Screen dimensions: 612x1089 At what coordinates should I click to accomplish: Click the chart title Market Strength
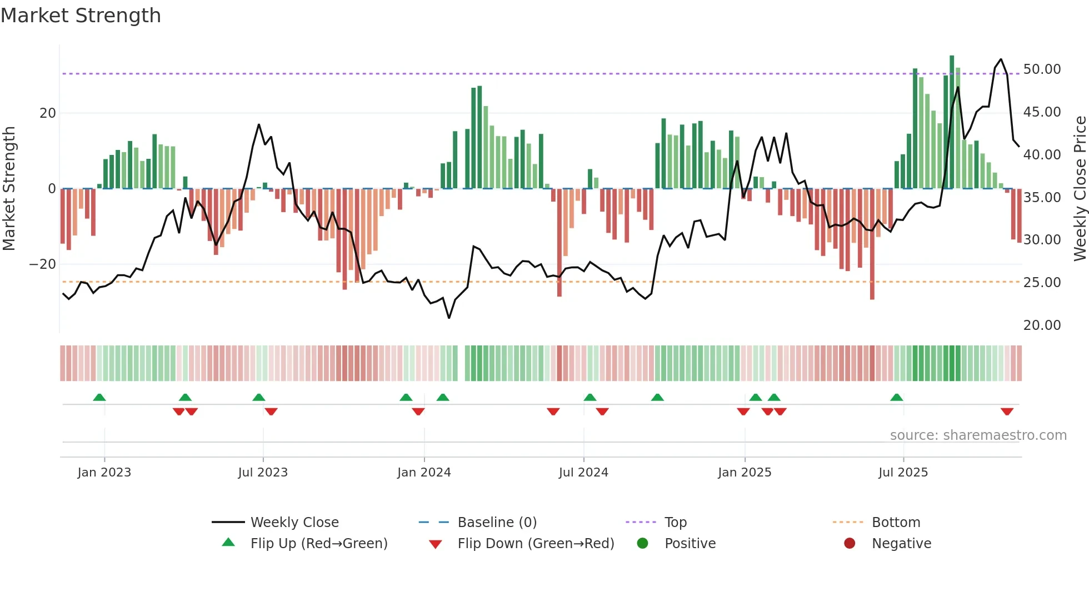click(81, 16)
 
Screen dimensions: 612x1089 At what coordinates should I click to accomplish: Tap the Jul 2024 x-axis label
click(583, 473)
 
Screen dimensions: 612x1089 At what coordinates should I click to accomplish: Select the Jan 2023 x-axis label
click(104, 473)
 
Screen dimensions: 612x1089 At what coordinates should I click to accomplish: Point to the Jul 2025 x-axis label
click(903, 473)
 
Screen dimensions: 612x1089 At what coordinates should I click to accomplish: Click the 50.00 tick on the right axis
click(1042, 69)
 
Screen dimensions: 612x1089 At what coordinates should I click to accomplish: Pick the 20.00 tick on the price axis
click(1042, 325)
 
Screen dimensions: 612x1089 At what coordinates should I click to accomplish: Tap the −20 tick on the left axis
click(43, 264)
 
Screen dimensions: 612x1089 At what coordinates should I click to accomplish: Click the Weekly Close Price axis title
click(1080, 189)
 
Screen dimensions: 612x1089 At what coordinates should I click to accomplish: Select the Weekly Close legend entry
click(294, 523)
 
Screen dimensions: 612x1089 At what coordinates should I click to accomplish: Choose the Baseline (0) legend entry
click(497, 523)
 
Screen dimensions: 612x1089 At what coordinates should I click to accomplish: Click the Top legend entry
click(675, 523)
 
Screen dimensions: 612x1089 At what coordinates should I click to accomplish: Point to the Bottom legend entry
click(896, 523)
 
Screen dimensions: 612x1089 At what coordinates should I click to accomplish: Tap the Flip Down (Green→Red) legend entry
click(536, 544)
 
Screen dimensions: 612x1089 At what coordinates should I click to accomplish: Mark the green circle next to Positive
click(642, 544)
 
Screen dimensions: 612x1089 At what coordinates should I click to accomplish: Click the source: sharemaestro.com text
click(978, 435)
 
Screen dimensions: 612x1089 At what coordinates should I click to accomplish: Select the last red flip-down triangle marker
click(1007, 412)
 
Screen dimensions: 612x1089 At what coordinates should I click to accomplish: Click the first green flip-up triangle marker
click(99, 397)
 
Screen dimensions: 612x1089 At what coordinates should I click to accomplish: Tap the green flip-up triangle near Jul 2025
click(896, 397)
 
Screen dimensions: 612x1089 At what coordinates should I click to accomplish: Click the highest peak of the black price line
click(1001, 59)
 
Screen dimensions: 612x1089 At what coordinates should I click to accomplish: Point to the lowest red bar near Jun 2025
click(872, 298)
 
